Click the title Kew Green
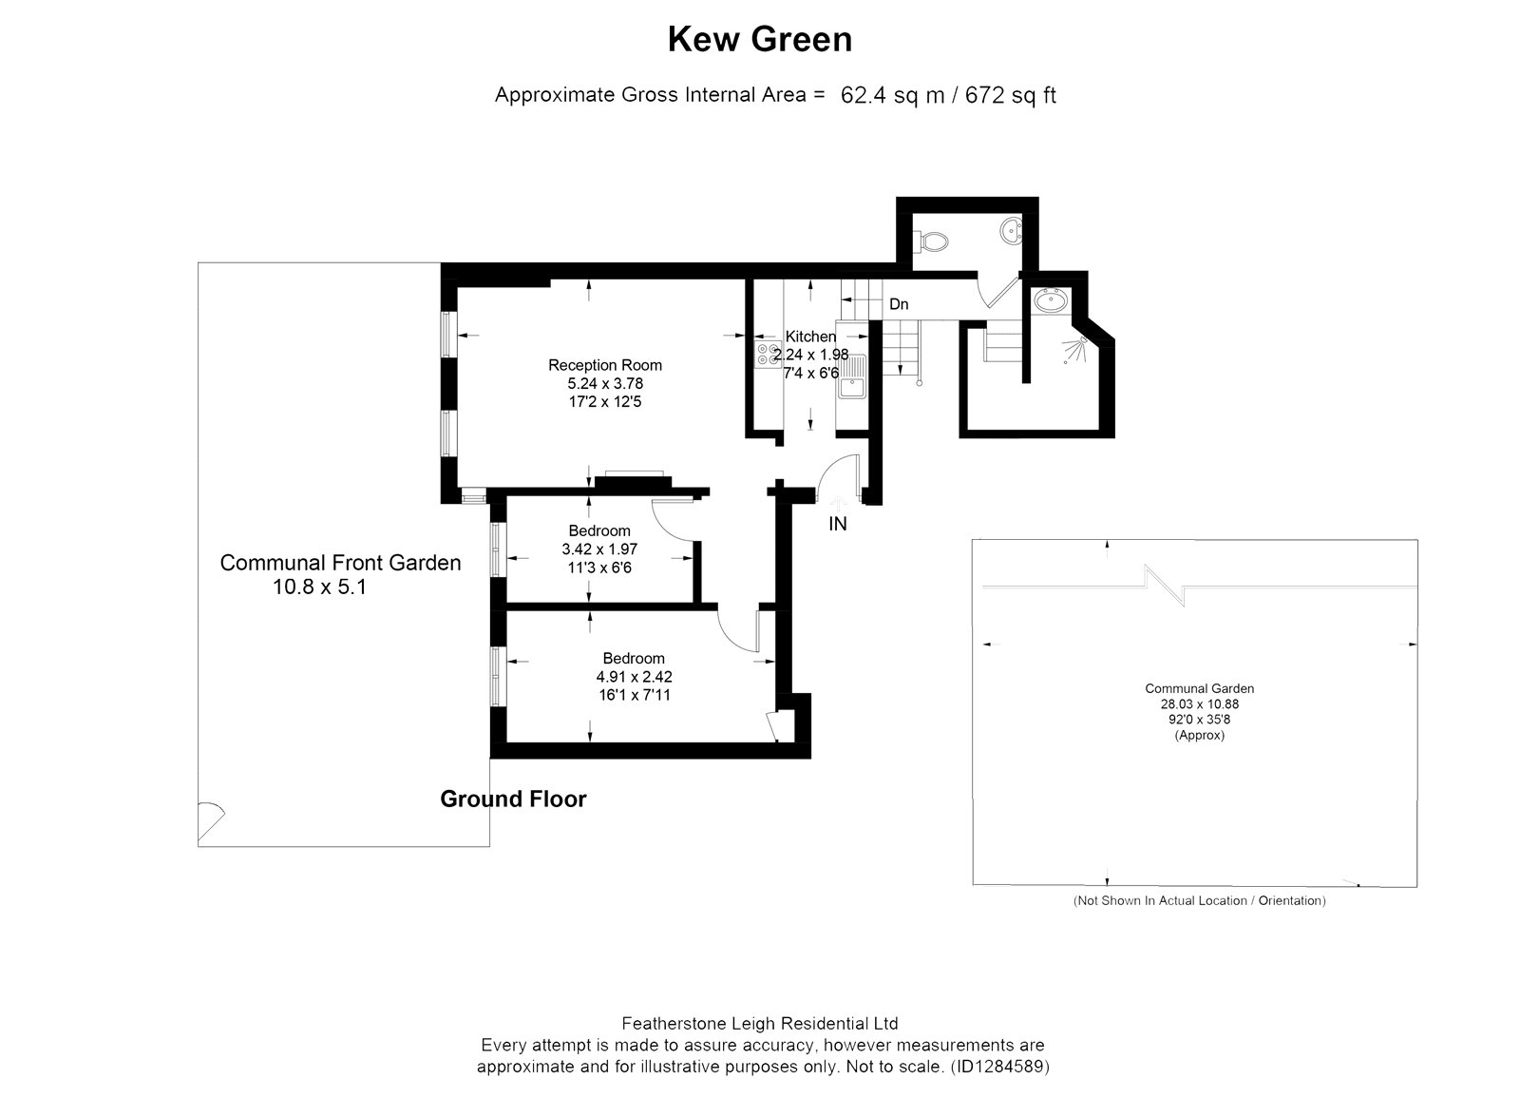pyautogui.click(x=759, y=39)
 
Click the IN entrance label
pyautogui.click(x=837, y=524)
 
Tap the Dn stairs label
pyautogui.click(x=899, y=304)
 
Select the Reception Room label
pyautogui.click(x=604, y=365)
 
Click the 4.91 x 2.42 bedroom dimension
pyautogui.click(x=634, y=676)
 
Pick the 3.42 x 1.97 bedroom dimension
pyautogui.click(x=599, y=549)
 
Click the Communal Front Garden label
pyautogui.click(x=340, y=562)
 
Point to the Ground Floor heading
pyautogui.click(x=513, y=799)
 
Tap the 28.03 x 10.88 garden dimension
pyautogui.click(x=1199, y=704)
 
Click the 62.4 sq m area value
pyautogui.click(x=892, y=95)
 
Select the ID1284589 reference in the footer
pyautogui.click(x=1001, y=1066)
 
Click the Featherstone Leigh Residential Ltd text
pyautogui.click(x=760, y=1023)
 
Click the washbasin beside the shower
pyautogui.click(x=1051, y=300)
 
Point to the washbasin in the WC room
pyautogui.click(x=1011, y=231)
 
